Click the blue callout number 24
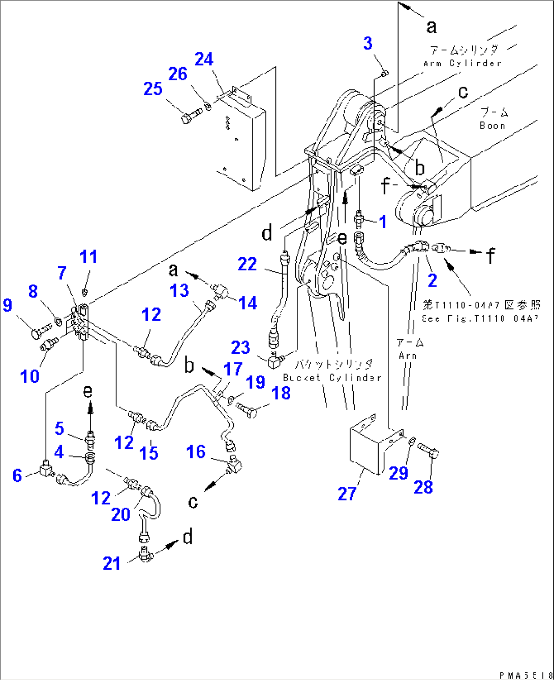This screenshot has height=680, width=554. (x=204, y=59)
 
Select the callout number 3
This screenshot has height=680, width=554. (x=368, y=43)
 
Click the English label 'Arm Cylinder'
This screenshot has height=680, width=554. (x=462, y=63)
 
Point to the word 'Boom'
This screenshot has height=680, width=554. (x=493, y=126)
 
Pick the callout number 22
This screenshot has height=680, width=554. (x=247, y=264)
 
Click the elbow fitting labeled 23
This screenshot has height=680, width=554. (x=274, y=361)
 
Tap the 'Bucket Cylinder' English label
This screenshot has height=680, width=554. (x=331, y=378)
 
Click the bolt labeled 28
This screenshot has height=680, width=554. (x=428, y=450)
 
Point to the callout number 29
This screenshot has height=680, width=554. (x=398, y=473)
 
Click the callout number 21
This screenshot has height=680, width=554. (x=111, y=563)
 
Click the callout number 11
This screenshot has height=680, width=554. (x=89, y=256)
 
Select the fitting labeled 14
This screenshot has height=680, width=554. (x=222, y=292)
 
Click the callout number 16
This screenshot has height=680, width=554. (x=196, y=452)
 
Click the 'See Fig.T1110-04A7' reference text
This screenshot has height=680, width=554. (x=477, y=319)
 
